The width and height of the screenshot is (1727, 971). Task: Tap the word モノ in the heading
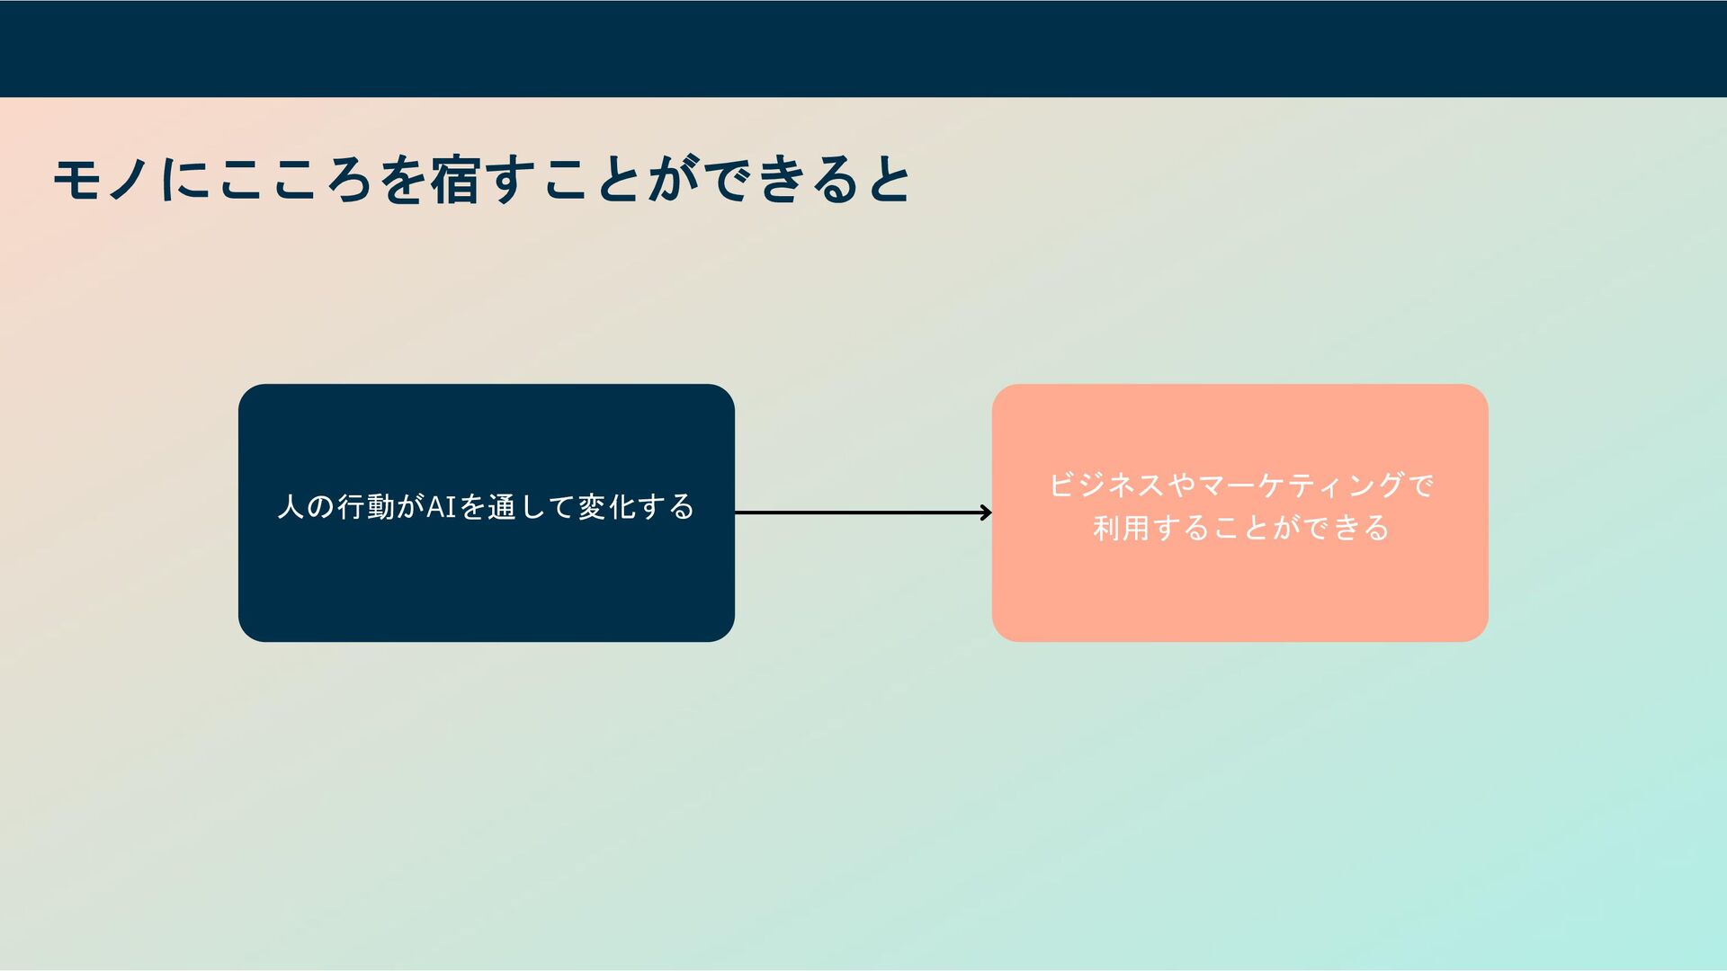point(101,180)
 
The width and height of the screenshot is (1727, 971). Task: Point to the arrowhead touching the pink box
point(986,512)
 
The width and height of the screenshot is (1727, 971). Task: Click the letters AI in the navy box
point(442,507)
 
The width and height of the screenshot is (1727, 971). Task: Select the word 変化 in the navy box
point(607,507)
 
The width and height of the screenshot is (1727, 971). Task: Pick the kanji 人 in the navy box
point(291,507)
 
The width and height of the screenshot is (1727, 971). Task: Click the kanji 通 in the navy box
point(502,507)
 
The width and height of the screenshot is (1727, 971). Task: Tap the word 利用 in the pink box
point(1122,528)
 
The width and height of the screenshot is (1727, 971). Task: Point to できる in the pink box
point(1347,528)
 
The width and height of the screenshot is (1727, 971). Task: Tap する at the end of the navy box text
point(667,507)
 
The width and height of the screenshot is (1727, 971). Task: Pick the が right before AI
point(410,507)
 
